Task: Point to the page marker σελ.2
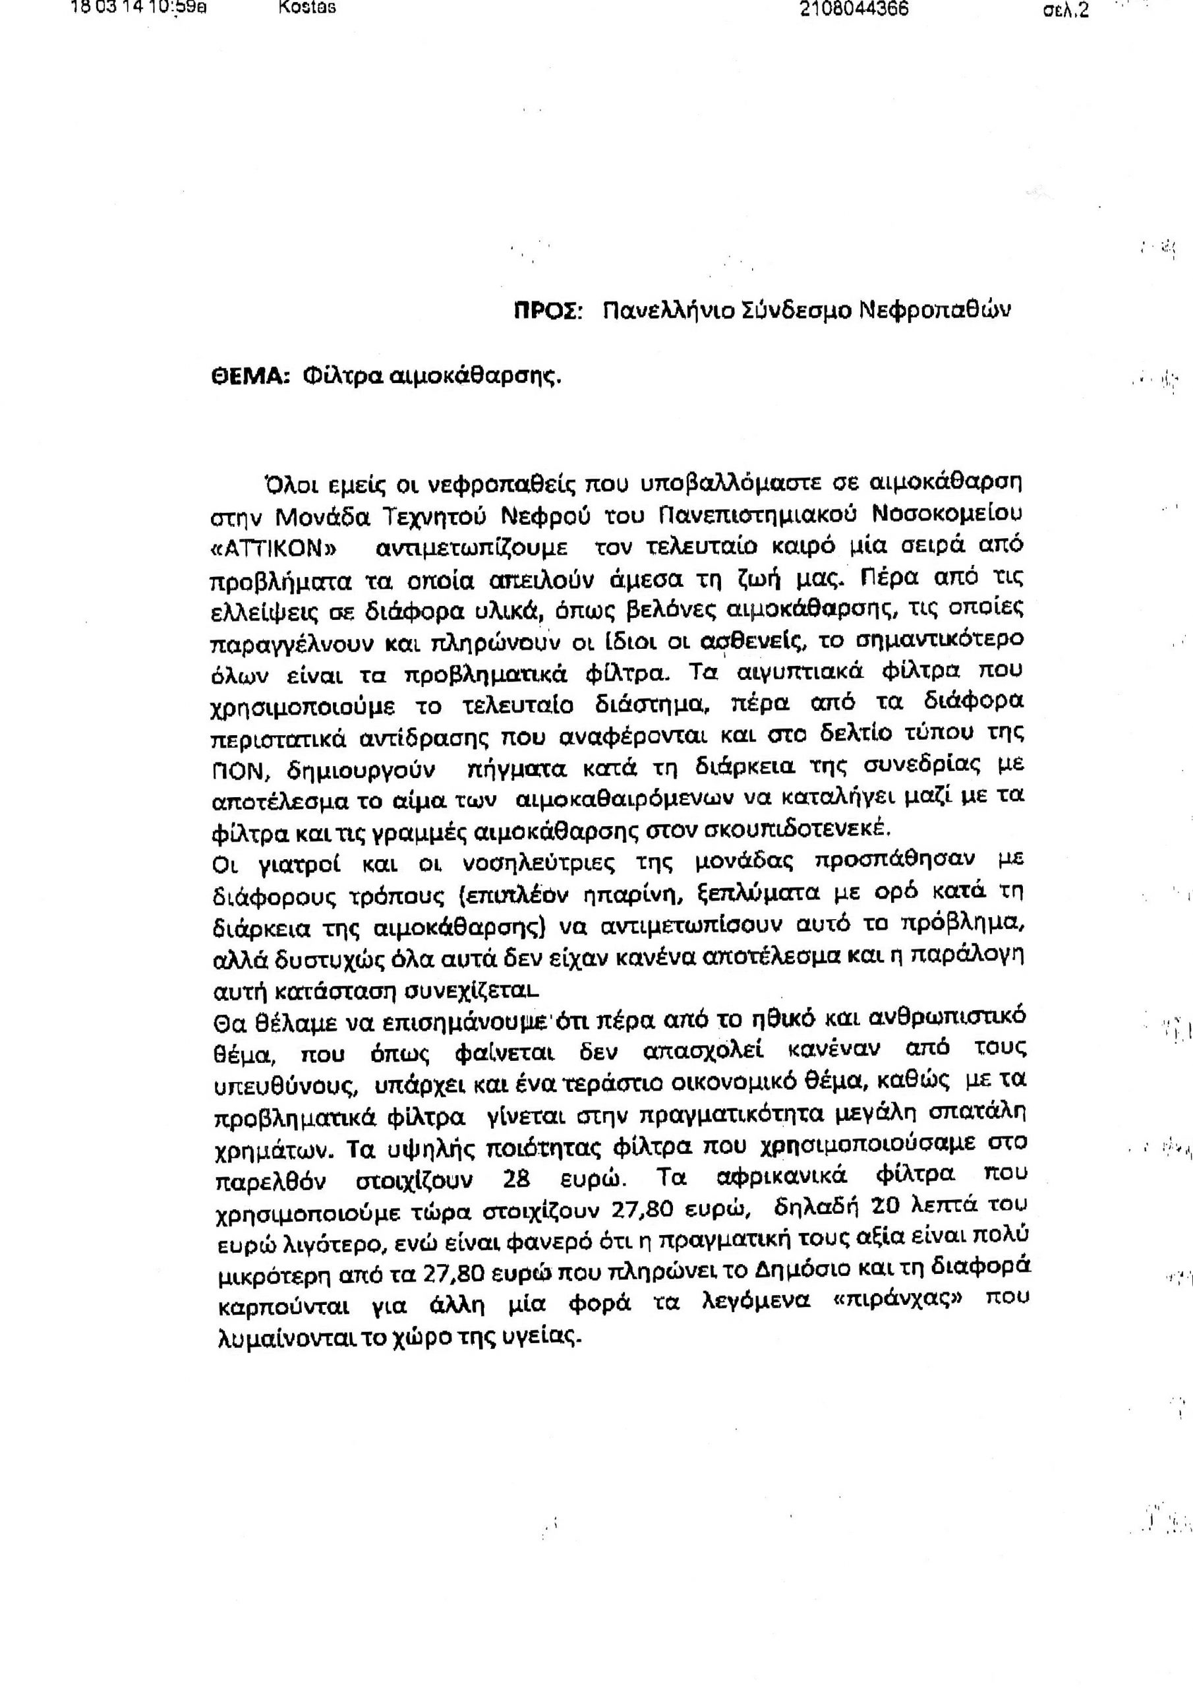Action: [x=1066, y=11]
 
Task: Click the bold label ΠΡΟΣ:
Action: [x=548, y=311]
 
